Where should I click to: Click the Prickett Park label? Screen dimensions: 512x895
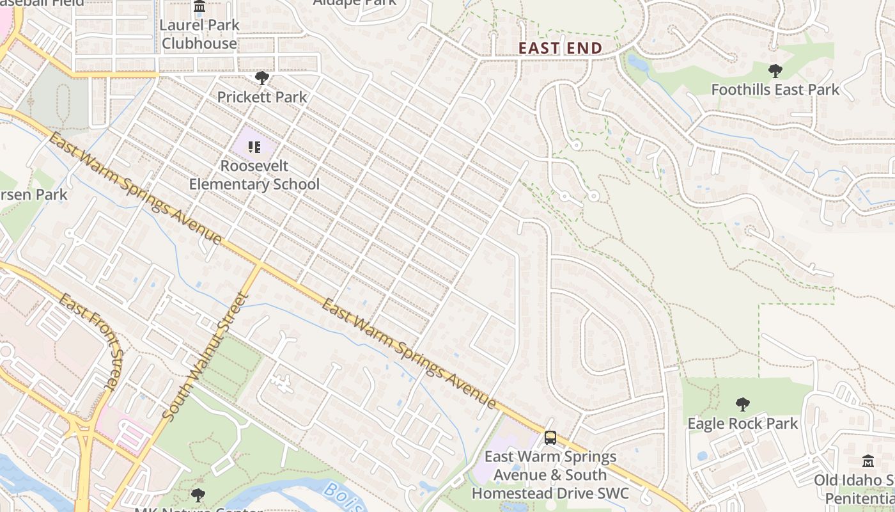click(262, 97)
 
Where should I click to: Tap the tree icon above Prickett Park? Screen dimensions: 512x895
click(261, 78)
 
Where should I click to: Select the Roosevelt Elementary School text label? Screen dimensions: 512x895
click(254, 175)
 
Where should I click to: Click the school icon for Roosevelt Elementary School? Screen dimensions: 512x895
click(254, 147)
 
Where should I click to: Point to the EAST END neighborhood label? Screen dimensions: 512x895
click(560, 49)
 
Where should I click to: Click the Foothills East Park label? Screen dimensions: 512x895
click(775, 90)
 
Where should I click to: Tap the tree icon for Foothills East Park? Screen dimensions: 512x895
click(775, 70)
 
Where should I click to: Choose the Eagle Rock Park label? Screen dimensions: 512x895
click(742, 424)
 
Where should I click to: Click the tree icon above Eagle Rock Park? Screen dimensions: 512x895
click(742, 404)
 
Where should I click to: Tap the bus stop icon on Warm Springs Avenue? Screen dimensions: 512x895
click(550, 438)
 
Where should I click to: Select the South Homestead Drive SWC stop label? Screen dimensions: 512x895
click(550, 475)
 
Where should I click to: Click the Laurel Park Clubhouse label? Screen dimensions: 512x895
click(199, 34)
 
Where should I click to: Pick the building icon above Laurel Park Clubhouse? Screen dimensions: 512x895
click(199, 7)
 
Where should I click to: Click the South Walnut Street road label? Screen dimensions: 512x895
click(205, 356)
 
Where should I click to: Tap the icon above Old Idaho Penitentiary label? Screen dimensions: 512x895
click(868, 461)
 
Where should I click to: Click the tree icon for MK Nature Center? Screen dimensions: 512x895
click(198, 495)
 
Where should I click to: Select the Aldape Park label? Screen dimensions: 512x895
click(355, 3)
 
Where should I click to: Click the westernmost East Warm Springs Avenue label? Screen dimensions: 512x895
click(135, 189)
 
